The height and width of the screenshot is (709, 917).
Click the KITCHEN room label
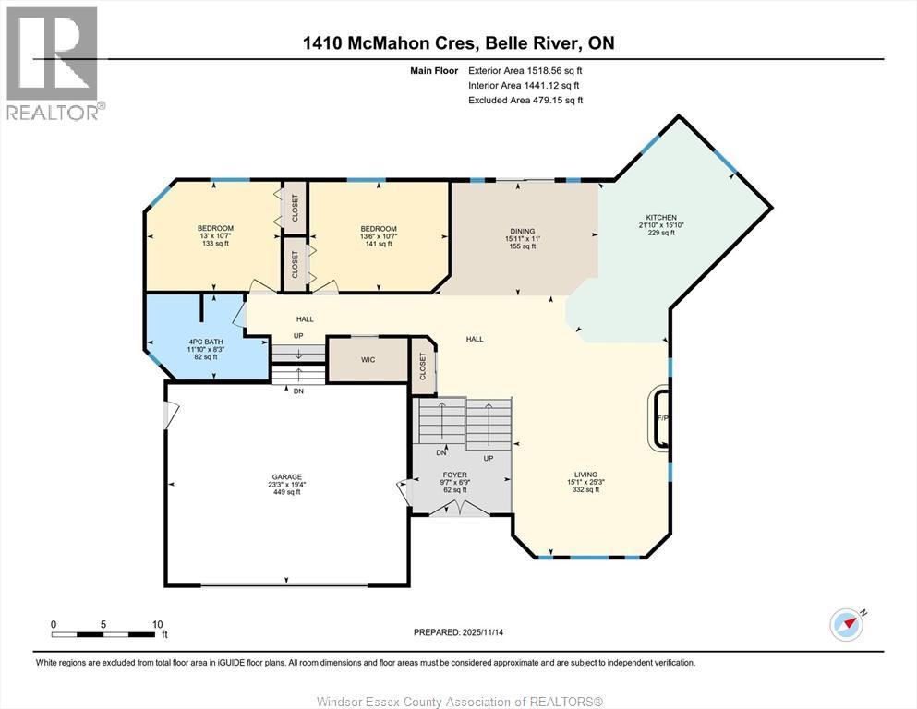click(661, 218)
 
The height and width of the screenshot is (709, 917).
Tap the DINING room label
click(523, 232)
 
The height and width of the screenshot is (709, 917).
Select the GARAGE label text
click(286, 477)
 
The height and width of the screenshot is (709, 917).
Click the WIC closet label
click(368, 359)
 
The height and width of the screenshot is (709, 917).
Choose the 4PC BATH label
click(206, 342)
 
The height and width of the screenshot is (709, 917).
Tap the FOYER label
click(455, 475)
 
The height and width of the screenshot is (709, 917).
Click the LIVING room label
click(585, 475)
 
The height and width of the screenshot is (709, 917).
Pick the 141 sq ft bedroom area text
click(379, 244)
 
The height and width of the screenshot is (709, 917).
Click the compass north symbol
click(848, 624)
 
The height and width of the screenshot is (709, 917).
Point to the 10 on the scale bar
click(157, 624)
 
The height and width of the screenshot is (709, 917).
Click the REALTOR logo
click(54, 63)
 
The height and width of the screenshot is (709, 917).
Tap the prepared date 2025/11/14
click(482, 632)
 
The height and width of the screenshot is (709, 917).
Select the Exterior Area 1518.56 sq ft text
click(525, 71)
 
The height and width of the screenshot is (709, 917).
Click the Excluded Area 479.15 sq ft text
click(525, 100)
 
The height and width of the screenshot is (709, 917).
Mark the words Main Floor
click(434, 71)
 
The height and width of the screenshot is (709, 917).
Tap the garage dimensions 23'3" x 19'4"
click(286, 485)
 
